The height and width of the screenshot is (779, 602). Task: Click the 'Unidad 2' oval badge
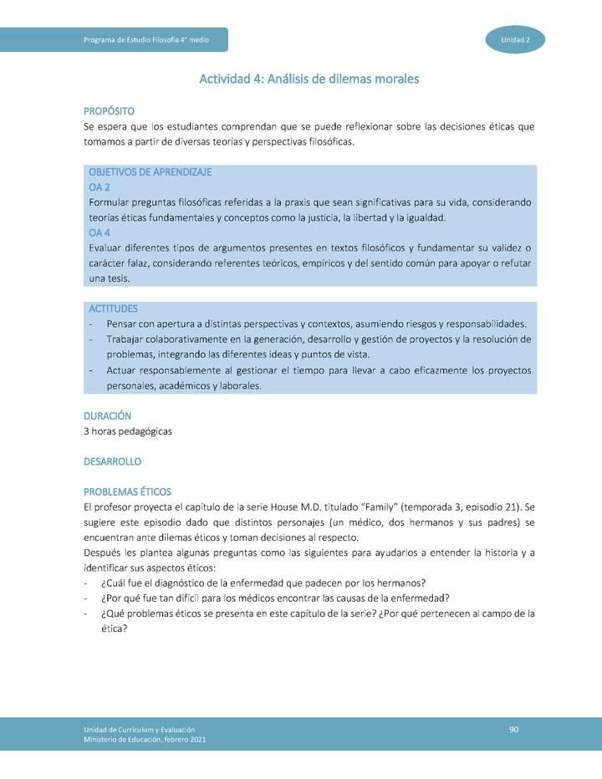pos(514,39)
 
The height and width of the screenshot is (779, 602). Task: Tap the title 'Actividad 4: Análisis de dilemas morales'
pos(309,79)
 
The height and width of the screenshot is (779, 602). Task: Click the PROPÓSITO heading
pos(109,111)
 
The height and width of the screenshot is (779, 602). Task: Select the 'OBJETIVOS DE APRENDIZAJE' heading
pos(150,172)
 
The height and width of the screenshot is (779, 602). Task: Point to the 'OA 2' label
pos(99,187)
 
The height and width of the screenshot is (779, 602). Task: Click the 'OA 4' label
pos(99,232)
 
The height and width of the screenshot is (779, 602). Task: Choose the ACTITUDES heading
pos(113,308)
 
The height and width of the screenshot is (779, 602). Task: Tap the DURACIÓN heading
pos(108,415)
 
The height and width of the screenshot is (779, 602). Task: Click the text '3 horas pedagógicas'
pos(128,431)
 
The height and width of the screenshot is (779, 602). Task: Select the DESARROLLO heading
pos(113,461)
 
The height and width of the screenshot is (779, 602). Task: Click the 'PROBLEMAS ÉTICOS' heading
pos(127,491)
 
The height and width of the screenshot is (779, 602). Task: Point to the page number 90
pos(514,730)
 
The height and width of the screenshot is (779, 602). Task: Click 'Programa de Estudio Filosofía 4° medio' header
pos(146,39)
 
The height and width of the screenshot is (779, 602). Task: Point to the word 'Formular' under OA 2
pos(109,202)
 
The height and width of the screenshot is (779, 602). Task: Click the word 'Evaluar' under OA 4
pos(106,248)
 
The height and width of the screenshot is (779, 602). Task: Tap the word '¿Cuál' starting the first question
pos(114,583)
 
